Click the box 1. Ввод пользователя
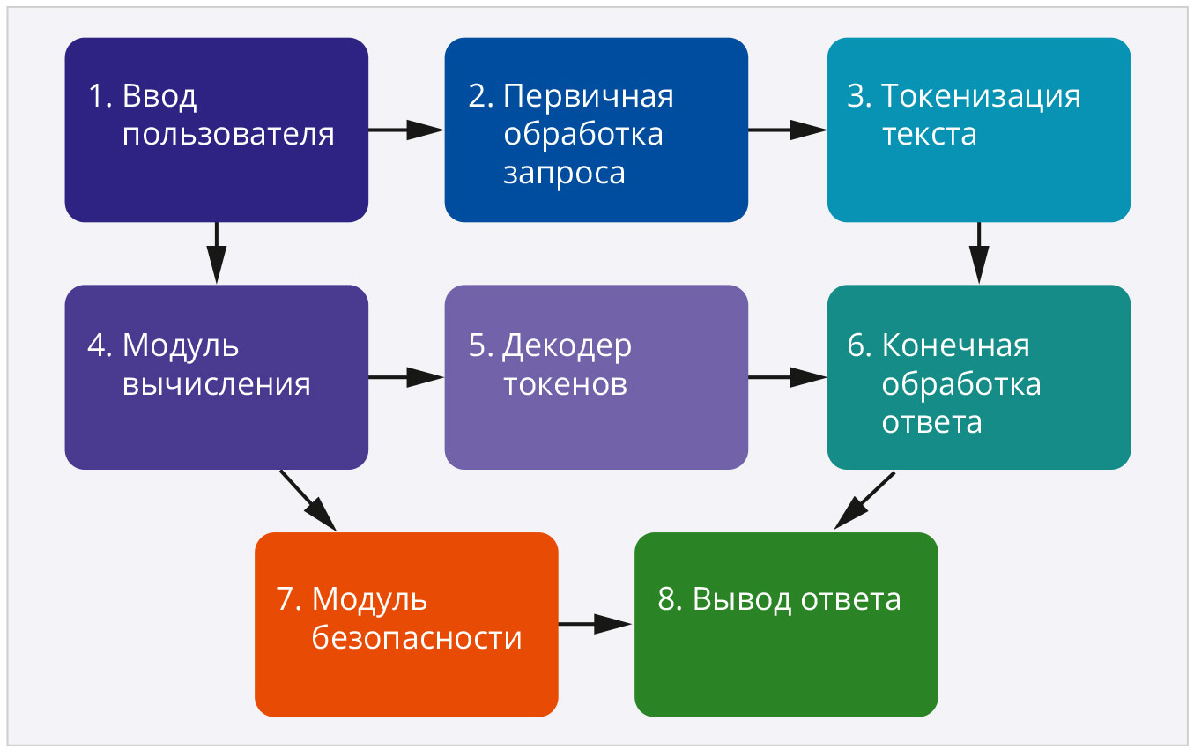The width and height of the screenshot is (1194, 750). [x=216, y=130]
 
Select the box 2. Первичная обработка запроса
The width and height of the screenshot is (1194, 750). [x=596, y=130]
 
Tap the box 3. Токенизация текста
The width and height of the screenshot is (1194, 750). [x=978, y=130]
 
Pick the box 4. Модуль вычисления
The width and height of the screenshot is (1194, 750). [x=216, y=377]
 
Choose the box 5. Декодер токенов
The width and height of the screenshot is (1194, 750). [x=596, y=377]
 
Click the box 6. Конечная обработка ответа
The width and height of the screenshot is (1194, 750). [x=978, y=377]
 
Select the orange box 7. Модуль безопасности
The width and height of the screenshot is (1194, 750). [x=406, y=624]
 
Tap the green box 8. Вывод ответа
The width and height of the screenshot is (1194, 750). [x=786, y=624]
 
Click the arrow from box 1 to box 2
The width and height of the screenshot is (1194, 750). [x=405, y=130]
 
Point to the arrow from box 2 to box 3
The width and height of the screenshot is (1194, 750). [x=787, y=130]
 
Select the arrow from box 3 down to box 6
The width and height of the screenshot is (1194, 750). [x=978, y=253]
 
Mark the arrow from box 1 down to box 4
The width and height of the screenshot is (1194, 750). [x=216, y=253]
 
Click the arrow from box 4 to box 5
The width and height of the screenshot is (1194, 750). [x=405, y=377]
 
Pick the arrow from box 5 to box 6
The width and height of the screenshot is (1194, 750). [x=787, y=377]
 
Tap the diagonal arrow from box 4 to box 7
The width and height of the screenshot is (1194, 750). [x=308, y=500]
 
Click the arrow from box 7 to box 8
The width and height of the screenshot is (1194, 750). [x=596, y=624]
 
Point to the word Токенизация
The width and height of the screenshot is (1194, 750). [x=981, y=95]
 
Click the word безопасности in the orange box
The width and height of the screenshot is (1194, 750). [x=417, y=637]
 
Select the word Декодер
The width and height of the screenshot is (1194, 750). [x=567, y=345]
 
